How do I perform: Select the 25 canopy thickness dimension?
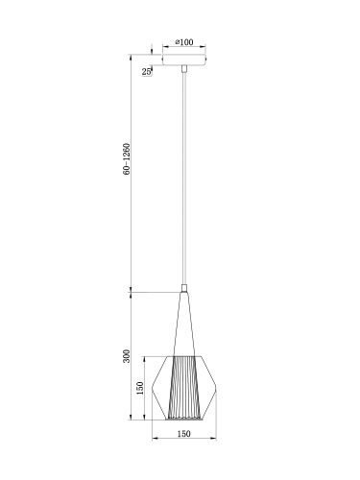(x=147, y=72)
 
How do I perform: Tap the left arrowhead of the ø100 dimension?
(x=164, y=48)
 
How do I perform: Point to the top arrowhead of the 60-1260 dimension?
(x=131, y=55)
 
